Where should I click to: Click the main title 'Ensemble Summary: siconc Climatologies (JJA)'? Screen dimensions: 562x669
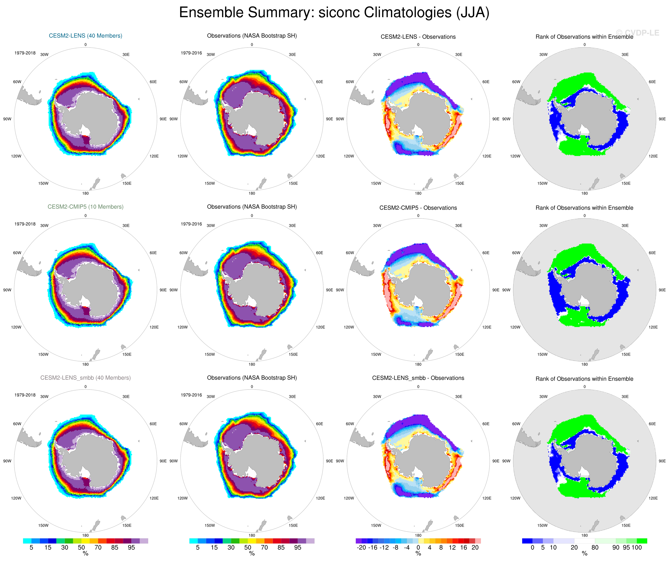(x=334, y=13)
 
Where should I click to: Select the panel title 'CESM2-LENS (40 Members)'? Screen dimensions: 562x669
(x=85, y=36)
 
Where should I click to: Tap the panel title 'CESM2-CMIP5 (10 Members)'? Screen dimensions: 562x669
(x=85, y=207)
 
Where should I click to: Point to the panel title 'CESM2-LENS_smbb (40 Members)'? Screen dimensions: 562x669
(x=85, y=378)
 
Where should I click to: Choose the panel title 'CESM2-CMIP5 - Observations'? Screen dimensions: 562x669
(x=418, y=208)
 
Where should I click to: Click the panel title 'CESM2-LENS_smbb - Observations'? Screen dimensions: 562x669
(x=418, y=378)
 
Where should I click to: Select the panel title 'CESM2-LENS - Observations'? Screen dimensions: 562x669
(x=418, y=37)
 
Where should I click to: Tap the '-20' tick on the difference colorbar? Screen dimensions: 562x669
(x=361, y=548)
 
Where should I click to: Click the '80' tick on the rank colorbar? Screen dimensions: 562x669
(x=595, y=548)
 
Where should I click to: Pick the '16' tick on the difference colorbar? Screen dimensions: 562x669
(x=464, y=548)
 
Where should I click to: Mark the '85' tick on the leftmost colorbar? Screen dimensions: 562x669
(x=115, y=548)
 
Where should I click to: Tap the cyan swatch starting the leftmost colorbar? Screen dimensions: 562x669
(x=27, y=541)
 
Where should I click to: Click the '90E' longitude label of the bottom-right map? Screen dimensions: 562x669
(x=662, y=461)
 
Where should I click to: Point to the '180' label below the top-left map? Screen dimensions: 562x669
(x=85, y=193)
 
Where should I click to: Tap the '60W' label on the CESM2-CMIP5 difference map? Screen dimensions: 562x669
(x=350, y=253)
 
